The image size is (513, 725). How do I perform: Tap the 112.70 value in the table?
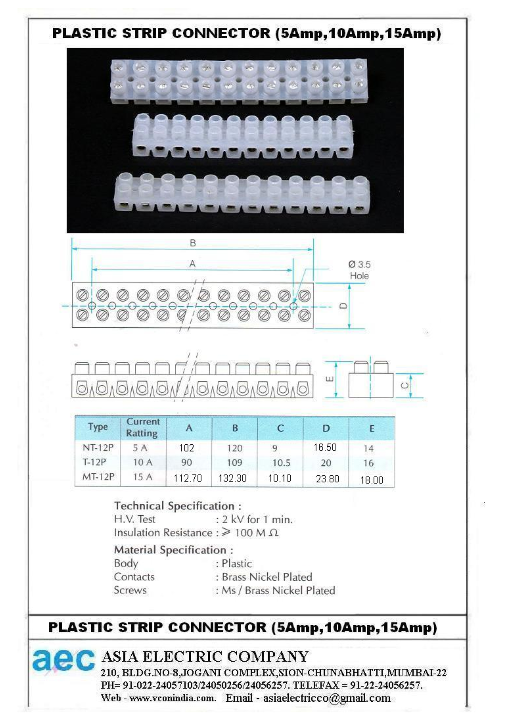coord(188,478)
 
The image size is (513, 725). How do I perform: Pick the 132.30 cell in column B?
coord(232,478)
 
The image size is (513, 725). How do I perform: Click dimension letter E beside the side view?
coord(329,379)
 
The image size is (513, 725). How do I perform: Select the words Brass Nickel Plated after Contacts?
coord(267,577)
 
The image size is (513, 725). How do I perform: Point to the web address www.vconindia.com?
coord(173,698)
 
